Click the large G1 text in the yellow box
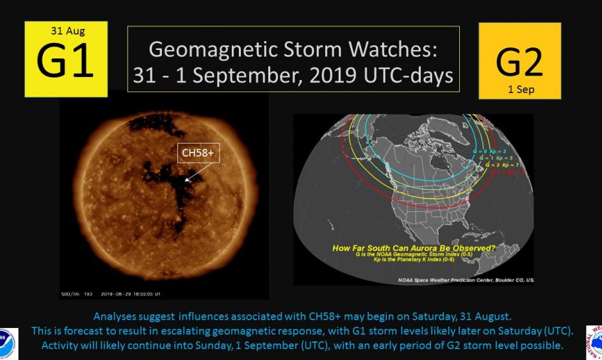pyautogui.click(x=65, y=60)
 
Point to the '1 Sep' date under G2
pyautogui.click(x=519, y=90)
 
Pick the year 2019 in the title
pyautogui.click(x=350, y=76)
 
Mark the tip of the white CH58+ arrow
pyautogui.click(x=185, y=181)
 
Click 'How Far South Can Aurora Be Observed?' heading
pyautogui.click(x=413, y=247)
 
